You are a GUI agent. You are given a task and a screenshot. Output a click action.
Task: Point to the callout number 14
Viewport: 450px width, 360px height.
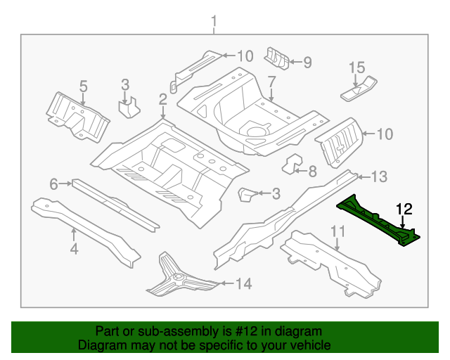click(x=243, y=284)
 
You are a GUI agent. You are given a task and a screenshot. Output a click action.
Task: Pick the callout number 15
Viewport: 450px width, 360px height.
click(x=357, y=68)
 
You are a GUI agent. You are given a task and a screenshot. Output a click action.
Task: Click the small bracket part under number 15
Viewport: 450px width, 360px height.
click(x=359, y=89)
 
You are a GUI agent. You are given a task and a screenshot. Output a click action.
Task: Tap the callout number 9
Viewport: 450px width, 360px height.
click(x=307, y=62)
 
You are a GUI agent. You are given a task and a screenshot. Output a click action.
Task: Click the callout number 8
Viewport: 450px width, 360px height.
click(x=313, y=171)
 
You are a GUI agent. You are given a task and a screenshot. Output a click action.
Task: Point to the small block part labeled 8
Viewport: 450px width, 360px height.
click(x=292, y=165)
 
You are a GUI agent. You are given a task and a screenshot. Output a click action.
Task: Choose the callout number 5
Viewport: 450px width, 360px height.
click(x=83, y=86)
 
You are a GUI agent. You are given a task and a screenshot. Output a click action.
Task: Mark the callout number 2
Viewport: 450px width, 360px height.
click(x=162, y=98)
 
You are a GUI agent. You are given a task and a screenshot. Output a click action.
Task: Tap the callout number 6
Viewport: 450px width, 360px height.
click(x=53, y=184)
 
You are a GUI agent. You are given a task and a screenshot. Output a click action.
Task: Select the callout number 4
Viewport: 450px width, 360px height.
click(x=74, y=248)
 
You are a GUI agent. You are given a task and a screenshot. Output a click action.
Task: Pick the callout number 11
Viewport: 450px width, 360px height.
click(x=337, y=231)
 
